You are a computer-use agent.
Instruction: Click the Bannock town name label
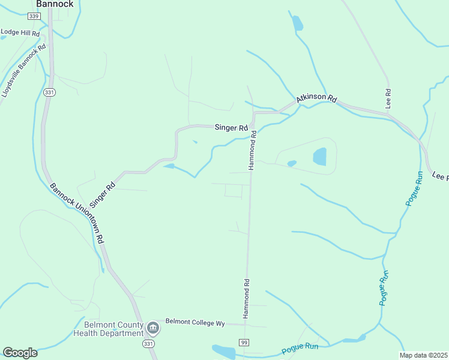(x=55, y=4)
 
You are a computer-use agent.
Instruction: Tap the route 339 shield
(x=34, y=16)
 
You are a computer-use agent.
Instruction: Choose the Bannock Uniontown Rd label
(x=77, y=212)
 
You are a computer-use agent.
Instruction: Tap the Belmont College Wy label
(x=195, y=323)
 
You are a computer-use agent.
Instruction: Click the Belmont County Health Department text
(x=109, y=328)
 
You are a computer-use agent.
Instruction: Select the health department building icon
(x=153, y=328)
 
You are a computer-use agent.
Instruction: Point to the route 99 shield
(x=244, y=342)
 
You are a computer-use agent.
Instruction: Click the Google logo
(x=20, y=353)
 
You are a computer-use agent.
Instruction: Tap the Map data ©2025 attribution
(x=423, y=355)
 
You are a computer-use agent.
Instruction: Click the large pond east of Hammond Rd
(x=319, y=157)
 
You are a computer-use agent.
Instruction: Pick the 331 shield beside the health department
(x=148, y=343)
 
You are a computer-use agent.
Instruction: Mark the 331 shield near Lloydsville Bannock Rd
(x=49, y=92)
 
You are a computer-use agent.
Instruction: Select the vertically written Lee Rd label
(x=388, y=98)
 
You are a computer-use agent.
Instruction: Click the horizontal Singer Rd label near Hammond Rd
(x=232, y=128)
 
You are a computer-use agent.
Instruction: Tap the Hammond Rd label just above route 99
(x=246, y=298)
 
